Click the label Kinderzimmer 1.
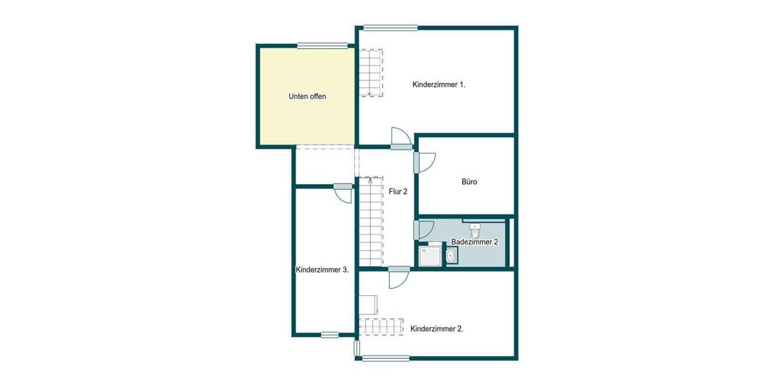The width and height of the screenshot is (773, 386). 439,85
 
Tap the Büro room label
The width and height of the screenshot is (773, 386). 469,182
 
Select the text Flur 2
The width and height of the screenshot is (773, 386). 398,191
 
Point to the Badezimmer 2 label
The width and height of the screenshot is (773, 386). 475,242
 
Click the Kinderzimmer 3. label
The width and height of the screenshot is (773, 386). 322,270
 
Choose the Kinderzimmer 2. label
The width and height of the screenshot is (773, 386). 437,328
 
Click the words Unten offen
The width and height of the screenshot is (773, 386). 307,96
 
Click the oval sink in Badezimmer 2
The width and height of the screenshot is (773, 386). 451,257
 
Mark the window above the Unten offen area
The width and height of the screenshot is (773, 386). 323,45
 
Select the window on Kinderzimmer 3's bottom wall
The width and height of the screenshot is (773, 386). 329,335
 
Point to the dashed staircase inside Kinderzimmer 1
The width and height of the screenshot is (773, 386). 371,72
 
